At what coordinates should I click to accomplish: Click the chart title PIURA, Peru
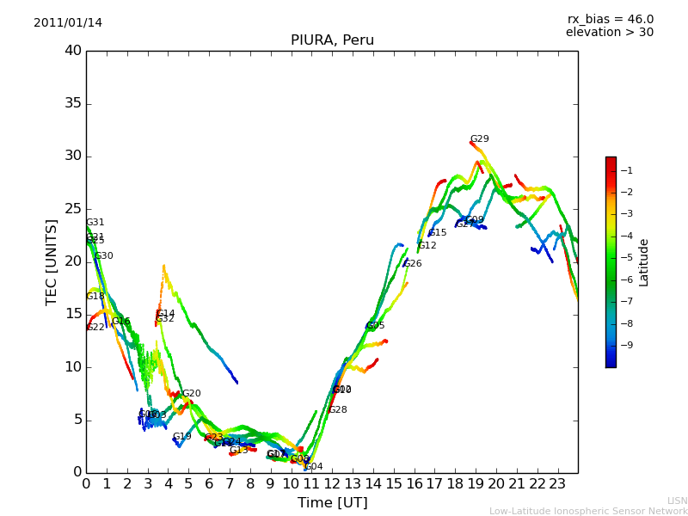pyautogui.click(x=332, y=40)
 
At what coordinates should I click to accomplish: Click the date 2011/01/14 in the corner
pyautogui.click(x=68, y=23)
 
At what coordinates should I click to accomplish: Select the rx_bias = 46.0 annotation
pyautogui.click(x=610, y=20)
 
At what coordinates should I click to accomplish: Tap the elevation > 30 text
pyautogui.click(x=609, y=33)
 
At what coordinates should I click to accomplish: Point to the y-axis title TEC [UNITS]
pyautogui.click(x=52, y=261)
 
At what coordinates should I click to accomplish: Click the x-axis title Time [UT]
pyautogui.click(x=332, y=503)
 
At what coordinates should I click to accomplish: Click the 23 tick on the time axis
pyautogui.click(x=557, y=483)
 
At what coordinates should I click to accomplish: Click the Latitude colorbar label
pyautogui.click(x=644, y=261)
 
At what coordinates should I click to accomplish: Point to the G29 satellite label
pyautogui.click(x=479, y=139)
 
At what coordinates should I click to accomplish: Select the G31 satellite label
pyautogui.click(x=95, y=223)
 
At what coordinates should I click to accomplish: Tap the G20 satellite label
pyautogui.click(x=191, y=394)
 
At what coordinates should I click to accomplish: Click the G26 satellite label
pyautogui.click(x=413, y=264)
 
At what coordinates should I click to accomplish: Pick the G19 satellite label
pyautogui.click(x=182, y=437)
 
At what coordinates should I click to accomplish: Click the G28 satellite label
pyautogui.click(x=338, y=410)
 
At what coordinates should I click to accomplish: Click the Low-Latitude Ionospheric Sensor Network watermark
pyautogui.click(x=588, y=512)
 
